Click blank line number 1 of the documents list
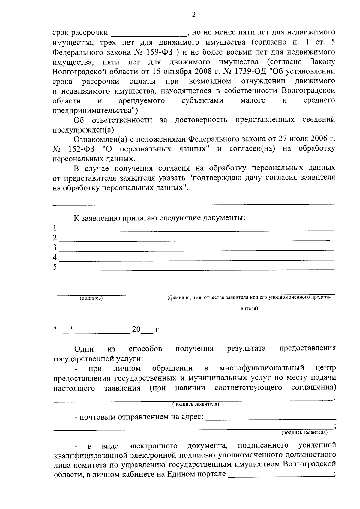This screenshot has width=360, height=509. pos(196,230)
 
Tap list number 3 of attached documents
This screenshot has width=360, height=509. pos(55,247)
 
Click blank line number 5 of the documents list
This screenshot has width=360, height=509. pos(196,270)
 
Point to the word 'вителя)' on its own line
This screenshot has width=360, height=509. pos(250,308)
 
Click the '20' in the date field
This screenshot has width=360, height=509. pos(136,329)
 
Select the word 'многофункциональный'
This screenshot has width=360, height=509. pos(262,368)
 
